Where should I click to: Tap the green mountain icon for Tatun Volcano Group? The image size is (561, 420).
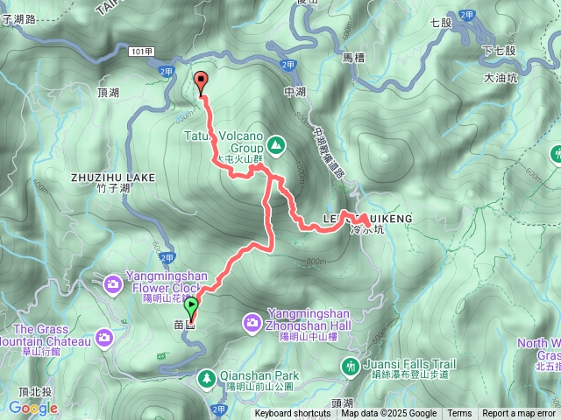(x=275, y=143)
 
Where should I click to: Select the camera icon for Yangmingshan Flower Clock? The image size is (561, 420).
(x=113, y=283)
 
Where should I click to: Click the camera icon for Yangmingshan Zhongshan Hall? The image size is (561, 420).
(x=251, y=325)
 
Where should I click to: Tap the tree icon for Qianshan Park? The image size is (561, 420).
(x=208, y=378)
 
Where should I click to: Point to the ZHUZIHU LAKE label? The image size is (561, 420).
(x=113, y=177)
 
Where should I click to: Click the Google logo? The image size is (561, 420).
(x=33, y=408)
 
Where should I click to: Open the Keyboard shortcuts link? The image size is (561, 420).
(x=293, y=414)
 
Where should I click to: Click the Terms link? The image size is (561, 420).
(x=459, y=414)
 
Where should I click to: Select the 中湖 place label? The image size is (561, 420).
(x=295, y=91)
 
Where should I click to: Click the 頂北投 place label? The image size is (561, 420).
(x=19, y=392)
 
